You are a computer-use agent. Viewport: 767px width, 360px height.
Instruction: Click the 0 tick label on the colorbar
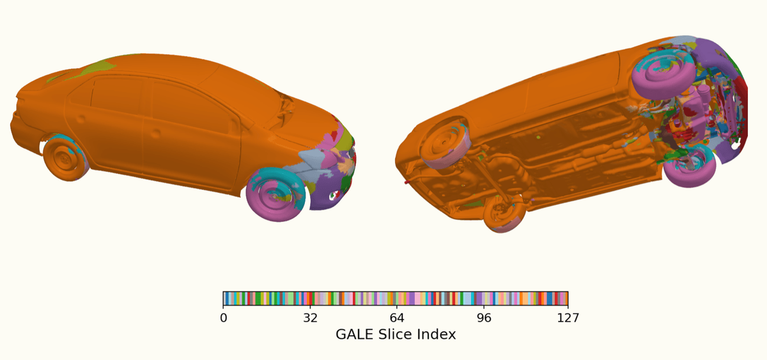pyautogui.click(x=223, y=318)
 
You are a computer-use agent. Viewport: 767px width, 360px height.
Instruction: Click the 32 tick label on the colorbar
pyautogui.click(x=310, y=318)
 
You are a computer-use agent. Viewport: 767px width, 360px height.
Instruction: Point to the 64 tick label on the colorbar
pyautogui.click(x=397, y=318)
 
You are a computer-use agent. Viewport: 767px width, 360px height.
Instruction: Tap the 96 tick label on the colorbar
pyautogui.click(x=484, y=318)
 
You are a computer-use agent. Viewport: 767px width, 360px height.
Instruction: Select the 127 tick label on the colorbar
pyautogui.click(x=568, y=318)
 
